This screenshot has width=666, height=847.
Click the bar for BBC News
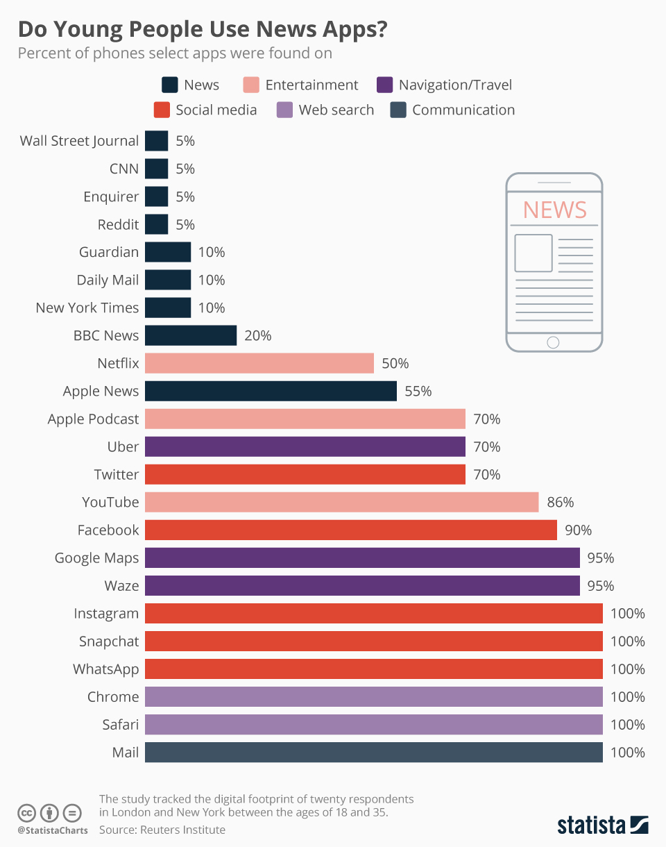tap(191, 335)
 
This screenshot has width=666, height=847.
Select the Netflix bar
tap(259, 363)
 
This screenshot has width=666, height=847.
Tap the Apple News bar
tap(271, 391)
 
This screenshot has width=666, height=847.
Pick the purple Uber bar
tap(305, 446)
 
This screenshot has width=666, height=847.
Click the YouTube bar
tap(341, 502)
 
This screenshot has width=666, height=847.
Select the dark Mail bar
tap(373, 752)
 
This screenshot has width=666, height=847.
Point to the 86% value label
tap(561, 502)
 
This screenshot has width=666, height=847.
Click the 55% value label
tap(418, 391)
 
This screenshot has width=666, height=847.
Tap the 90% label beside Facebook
tap(579, 530)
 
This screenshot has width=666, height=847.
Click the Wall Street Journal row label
tap(79, 141)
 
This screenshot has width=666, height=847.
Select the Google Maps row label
tap(96, 557)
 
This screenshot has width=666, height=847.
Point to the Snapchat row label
tap(109, 641)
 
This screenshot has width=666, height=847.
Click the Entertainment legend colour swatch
tap(251, 85)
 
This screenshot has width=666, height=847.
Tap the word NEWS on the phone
tap(554, 209)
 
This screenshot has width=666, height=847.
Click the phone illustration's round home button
tap(553, 342)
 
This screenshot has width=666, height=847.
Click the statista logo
tap(602, 825)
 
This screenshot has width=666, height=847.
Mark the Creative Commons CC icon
tap(26, 813)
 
